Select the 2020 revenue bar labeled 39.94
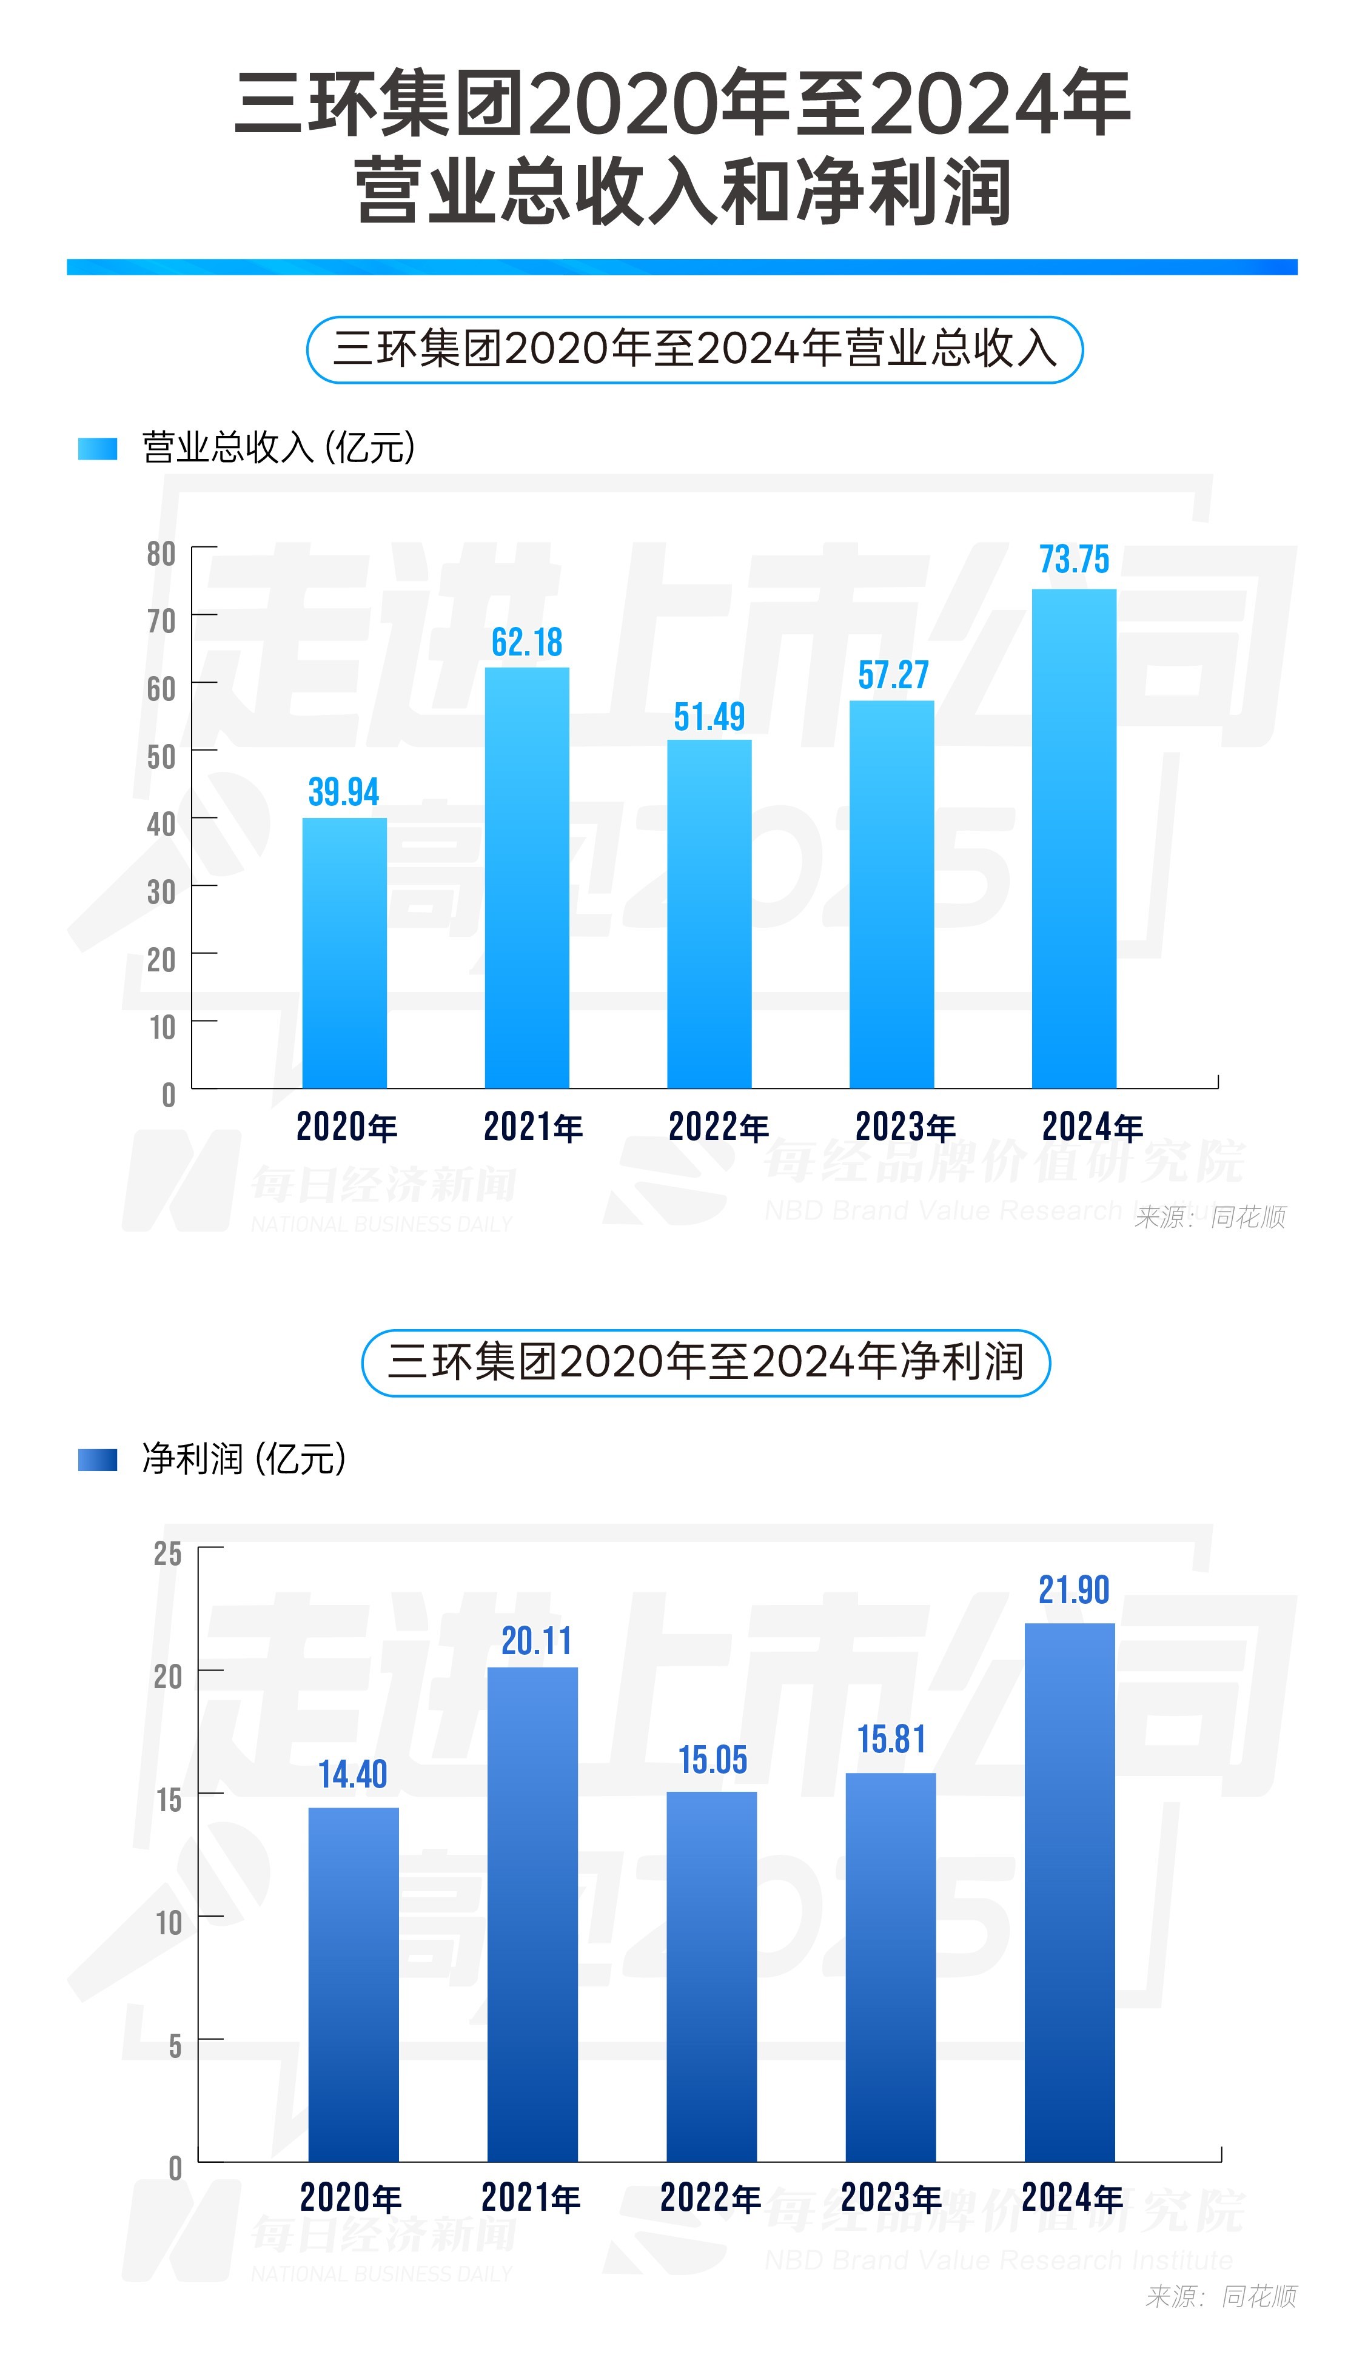click(x=344, y=953)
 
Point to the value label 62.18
click(x=527, y=642)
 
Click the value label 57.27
click(x=893, y=675)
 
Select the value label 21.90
click(x=1073, y=1590)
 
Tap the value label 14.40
click(x=352, y=1774)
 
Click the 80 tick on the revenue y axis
click(x=161, y=554)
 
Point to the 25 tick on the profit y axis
click(x=168, y=1553)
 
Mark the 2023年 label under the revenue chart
click(x=905, y=1127)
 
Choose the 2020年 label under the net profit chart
click(x=350, y=2197)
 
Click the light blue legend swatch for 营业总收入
click(x=98, y=448)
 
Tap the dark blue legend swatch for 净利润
click(x=98, y=1459)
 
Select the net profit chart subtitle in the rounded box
click(x=705, y=1362)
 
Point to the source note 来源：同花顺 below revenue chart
click(x=1209, y=1217)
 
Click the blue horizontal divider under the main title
click(x=682, y=267)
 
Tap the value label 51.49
click(x=709, y=717)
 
